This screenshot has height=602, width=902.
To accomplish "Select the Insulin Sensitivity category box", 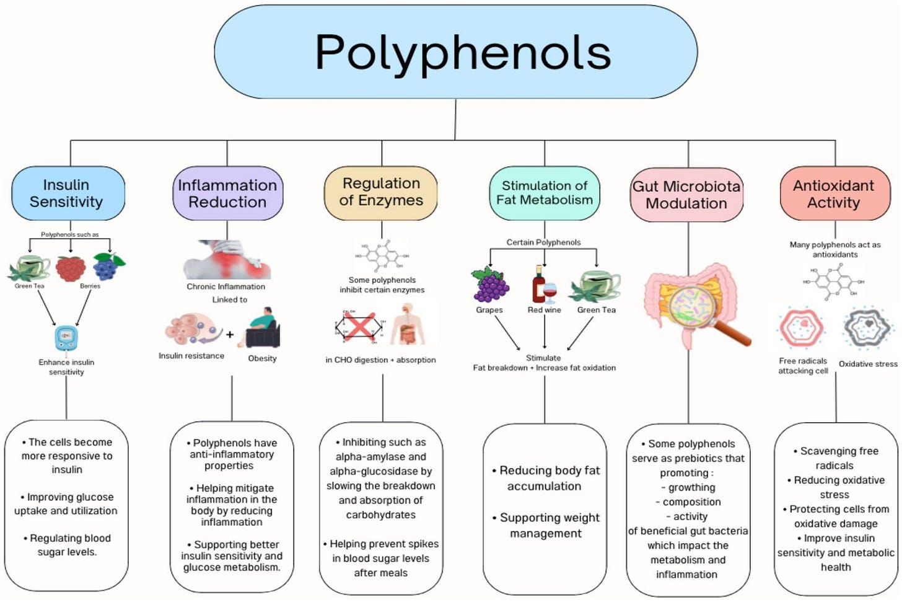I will tap(68, 193).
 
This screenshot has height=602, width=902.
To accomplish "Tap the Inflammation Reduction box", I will tap(227, 193).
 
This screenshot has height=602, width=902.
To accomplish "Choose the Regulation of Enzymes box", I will tap(381, 192).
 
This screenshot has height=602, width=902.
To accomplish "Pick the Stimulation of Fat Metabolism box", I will tap(545, 193).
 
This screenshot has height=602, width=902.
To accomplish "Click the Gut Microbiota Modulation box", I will tap(686, 195).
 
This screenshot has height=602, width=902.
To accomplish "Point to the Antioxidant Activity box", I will tap(834, 193).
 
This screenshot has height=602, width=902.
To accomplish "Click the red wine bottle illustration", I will tap(539, 285).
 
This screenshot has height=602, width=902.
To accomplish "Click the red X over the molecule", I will tap(359, 327).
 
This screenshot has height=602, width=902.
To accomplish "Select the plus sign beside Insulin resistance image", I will tap(230, 335).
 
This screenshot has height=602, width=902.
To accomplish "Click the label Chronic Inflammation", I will tap(225, 286).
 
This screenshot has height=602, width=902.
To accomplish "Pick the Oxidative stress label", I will tap(868, 364).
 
